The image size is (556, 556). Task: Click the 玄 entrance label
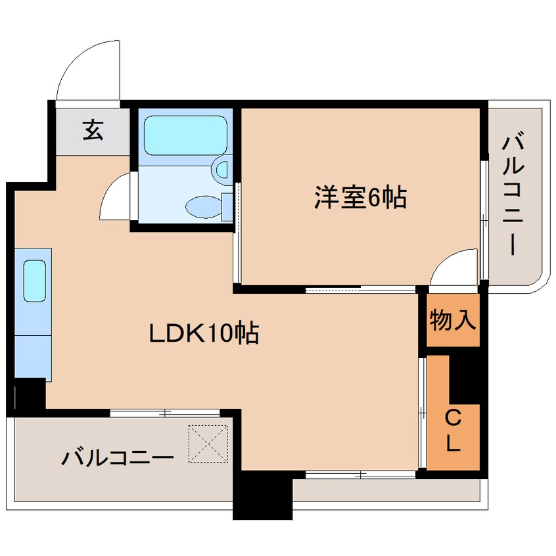tap(93, 131)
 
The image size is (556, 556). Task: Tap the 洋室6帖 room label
tap(359, 197)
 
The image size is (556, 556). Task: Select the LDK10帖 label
tap(203, 335)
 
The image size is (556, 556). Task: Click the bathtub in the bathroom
tap(185, 135)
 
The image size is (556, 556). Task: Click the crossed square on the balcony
tap(208, 443)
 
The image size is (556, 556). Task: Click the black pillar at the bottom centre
tap(263, 496)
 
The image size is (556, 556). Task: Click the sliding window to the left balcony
tap(164, 413)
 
